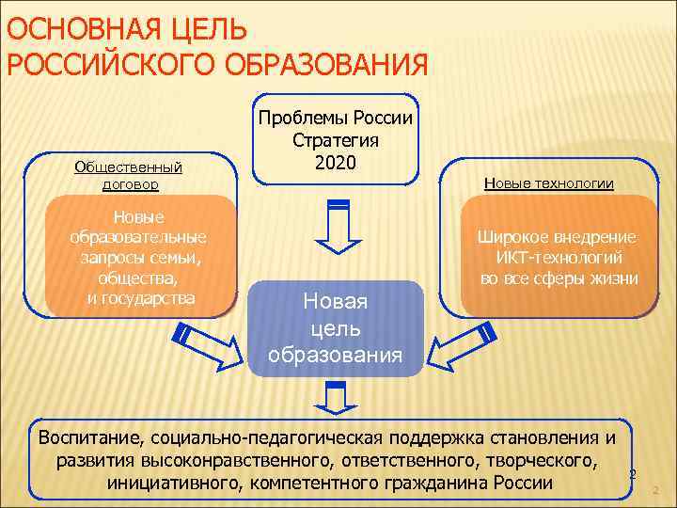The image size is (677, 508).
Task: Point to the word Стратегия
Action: click(336, 140)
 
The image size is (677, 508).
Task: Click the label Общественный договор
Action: click(129, 175)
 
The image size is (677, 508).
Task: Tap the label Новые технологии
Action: click(549, 183)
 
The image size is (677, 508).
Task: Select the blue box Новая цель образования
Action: click(336, 328)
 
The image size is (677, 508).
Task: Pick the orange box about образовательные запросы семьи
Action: click(139, 254)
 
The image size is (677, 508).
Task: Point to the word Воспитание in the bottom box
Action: click(84, 438)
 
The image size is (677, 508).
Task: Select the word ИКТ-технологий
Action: click(559, 258)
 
